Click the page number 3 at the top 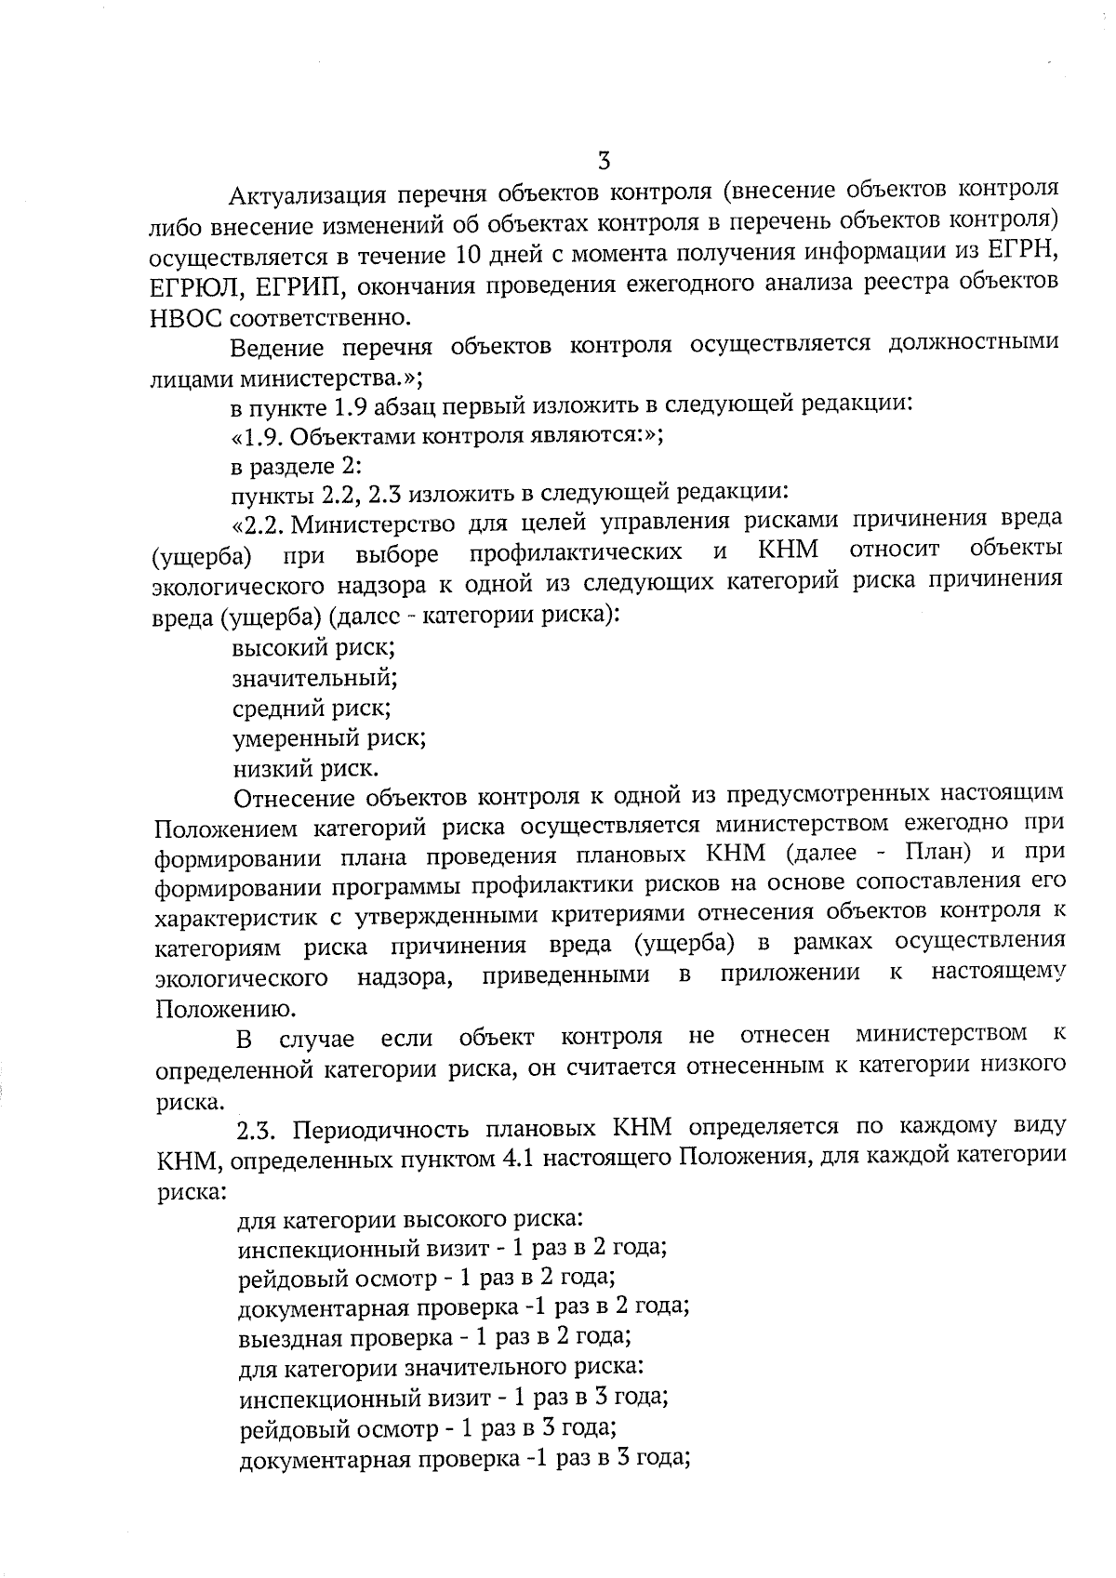tap(604, 160)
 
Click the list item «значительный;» tap(314, 677)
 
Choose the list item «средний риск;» tap(311, 708)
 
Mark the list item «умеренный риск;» tap(328, 738)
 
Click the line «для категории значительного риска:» tap(441, 1368)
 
